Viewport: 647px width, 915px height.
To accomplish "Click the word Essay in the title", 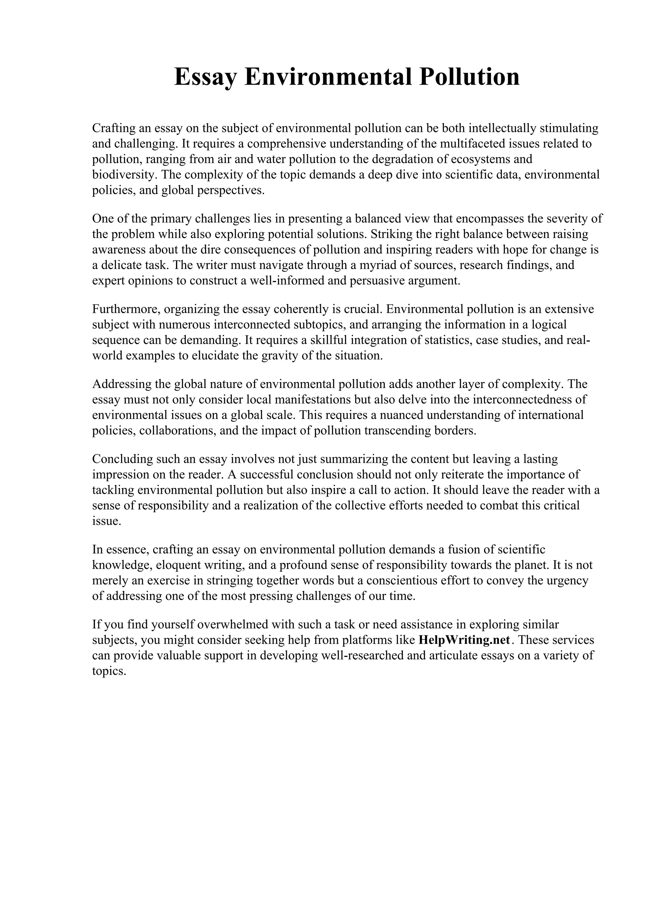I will [x=205, y=77].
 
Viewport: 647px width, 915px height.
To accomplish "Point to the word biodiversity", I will [x=124, y=175].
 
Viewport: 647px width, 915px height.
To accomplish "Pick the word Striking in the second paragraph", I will [x=394, y=234].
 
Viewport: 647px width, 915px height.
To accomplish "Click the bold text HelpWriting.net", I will [x=464, y=640].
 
